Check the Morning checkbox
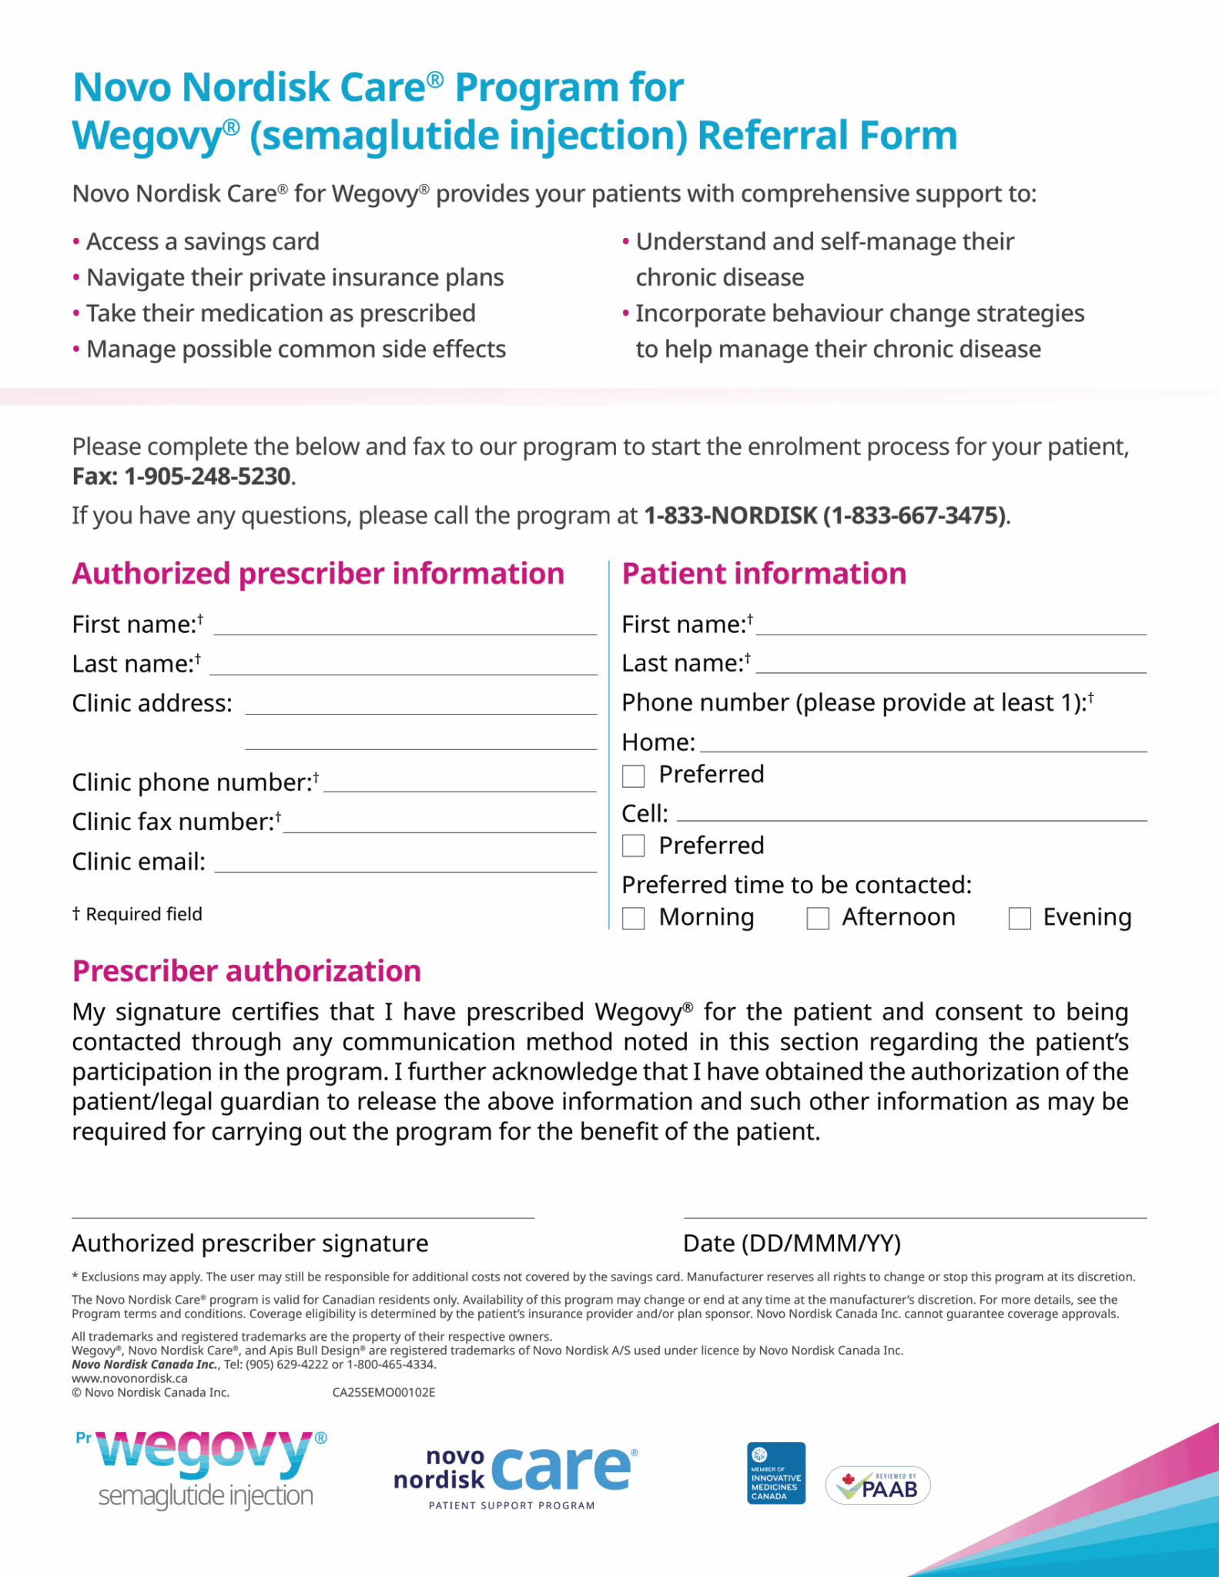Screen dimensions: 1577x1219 [x=633, y=918]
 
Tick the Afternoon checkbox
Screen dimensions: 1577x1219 [x=817, y=918]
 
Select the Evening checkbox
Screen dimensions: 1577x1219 [x=1020, y=918]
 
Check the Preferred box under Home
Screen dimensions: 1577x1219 [x=633, y=775]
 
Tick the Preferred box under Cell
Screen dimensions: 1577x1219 [x=633, y=845]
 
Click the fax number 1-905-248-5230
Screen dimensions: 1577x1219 [x=207, y=477]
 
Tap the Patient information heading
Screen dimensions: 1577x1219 [x=764, y=574]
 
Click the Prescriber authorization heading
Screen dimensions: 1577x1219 [x=246, y=971]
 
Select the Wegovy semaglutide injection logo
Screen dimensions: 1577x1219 [x=203, y=1468]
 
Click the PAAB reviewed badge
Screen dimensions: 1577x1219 [x=878, y=1485]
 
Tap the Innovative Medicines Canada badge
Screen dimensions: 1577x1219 [x=776, y=1473]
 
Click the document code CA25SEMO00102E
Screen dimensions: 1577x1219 [x=383, y=1392]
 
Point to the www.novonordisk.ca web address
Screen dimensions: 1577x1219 [x=129, y=1378]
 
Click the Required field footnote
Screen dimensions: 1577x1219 [x=137, y=914]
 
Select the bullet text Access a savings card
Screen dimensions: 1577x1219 [x=203, y=242]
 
